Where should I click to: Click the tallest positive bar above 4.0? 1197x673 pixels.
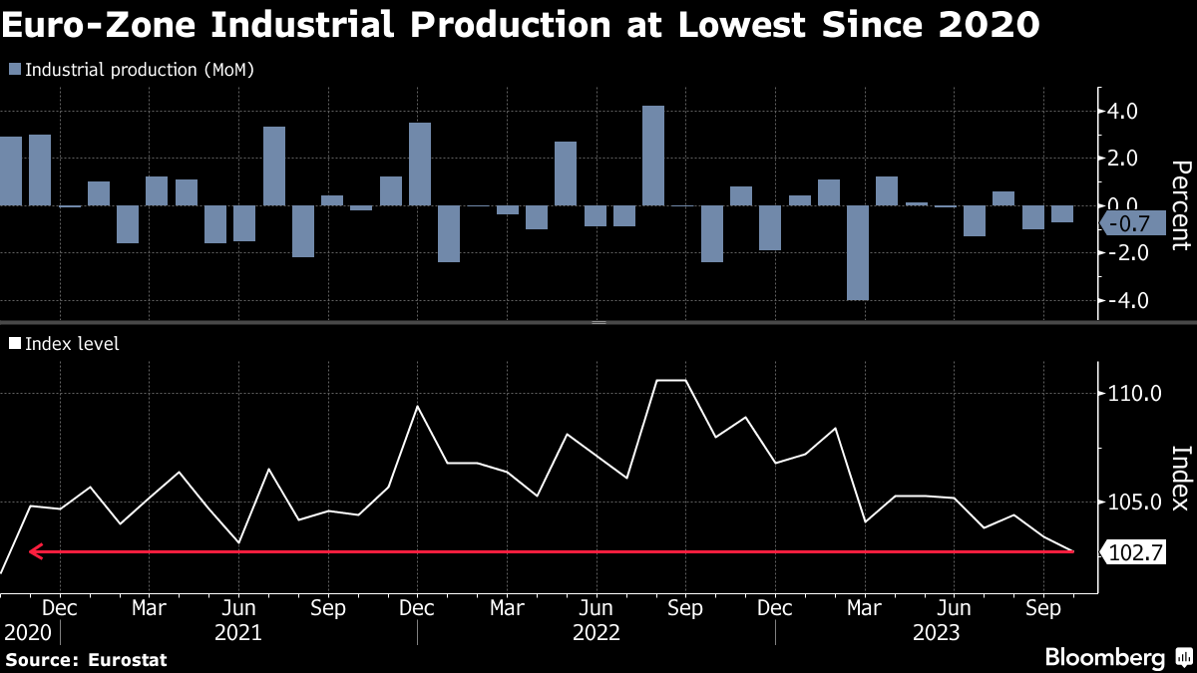coord(653,155)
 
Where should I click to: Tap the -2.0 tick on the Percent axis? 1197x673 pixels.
coord(1118,252)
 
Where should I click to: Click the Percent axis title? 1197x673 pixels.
coord(1180,204)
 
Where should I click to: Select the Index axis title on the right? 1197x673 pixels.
coord(1180,478)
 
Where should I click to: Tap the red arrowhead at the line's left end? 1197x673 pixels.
coord(35,550)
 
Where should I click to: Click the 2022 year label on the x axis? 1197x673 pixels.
coord(596,632)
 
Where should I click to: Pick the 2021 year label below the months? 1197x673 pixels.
coord(238,632)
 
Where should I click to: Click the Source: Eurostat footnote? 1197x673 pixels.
coord(87,659)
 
